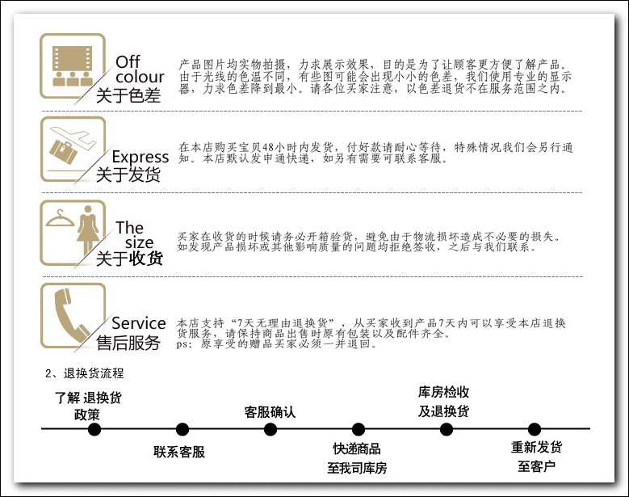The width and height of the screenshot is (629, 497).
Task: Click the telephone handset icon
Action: coord(72,316)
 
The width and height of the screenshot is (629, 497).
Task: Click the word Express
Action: coord(140,157)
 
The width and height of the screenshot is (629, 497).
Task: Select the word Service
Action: coord(139,323)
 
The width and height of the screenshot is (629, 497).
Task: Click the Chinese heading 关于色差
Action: coord(128,95)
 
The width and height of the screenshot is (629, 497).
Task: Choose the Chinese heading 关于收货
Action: coord(129,259)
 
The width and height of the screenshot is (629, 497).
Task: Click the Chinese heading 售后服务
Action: coord(128,343)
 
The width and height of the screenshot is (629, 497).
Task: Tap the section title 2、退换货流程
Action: coord(84,373)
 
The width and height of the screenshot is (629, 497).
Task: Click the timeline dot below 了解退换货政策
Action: coord(94,429)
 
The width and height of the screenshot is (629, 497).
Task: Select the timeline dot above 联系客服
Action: coord(182,429)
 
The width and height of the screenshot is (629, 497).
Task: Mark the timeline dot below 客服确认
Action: coord(270,429)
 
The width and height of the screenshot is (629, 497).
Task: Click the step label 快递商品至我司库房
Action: coord(357,458)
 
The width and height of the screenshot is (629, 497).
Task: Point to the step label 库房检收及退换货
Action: coord(443,401)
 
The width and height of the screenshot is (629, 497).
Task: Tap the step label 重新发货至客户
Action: coord(536,457)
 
